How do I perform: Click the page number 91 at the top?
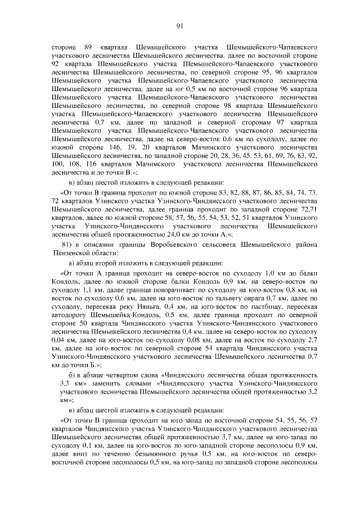click(180, 25)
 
